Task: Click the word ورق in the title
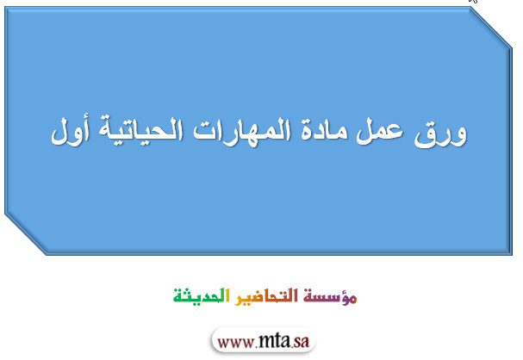click(440, 133)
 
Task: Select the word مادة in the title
click(324, 131)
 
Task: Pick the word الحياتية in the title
click(140, 131)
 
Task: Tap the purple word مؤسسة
click(330, 296)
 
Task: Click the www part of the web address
click(236, 342)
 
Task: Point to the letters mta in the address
click(273, 341)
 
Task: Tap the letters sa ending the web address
click(301, 342)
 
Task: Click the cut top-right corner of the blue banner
click(491, 28)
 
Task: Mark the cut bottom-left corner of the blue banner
click(26, 234)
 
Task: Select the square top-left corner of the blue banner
click(5, 8)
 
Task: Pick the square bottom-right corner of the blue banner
click(512, 255)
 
